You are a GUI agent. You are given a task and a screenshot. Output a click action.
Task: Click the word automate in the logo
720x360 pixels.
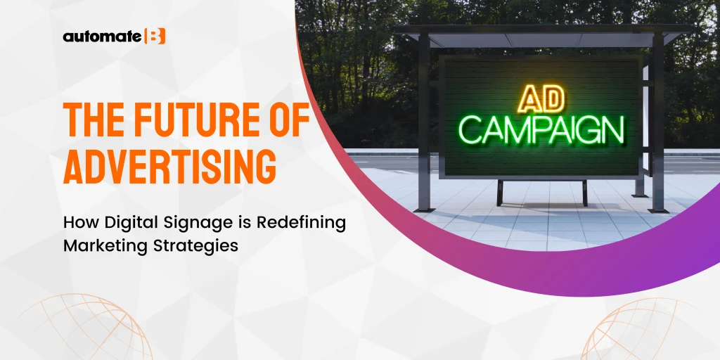click(x=101, y=37)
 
